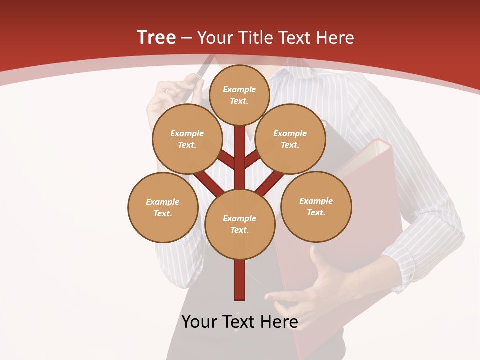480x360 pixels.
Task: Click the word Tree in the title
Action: (156, 37)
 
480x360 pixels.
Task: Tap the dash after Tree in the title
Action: (186, 38)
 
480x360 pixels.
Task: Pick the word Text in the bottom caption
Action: (240, 322)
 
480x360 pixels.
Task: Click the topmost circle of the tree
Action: (239, 95)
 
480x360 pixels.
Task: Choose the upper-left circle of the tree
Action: (187, 139)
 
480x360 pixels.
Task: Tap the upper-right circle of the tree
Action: (290, 139)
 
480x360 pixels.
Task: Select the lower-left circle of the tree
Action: (163, 207)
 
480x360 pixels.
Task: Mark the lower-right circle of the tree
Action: (316, 206)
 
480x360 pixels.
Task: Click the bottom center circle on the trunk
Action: (240, 224)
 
